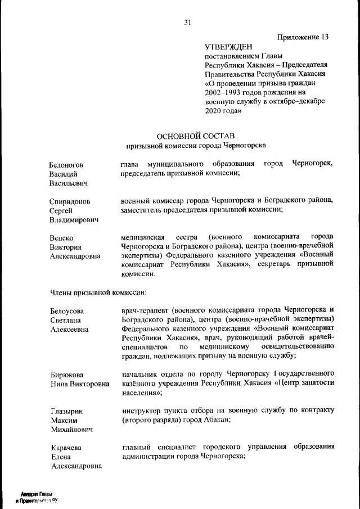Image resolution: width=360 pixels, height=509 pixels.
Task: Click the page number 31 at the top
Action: click(187, 22)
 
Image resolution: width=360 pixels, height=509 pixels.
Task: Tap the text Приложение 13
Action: click(303, 37)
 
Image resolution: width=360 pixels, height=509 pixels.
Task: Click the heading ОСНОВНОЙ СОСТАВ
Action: click(195, 136)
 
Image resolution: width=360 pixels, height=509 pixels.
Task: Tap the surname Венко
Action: click(61, 237)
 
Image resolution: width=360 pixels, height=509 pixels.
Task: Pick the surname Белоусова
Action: click(67, 311)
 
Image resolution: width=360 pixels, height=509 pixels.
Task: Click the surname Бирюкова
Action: click(67, 375)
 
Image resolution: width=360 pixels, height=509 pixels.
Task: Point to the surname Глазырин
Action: click(66, 411)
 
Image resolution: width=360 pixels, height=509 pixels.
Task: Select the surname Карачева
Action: click(66, 447)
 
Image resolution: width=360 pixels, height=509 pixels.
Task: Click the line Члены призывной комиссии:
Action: click(98, 292)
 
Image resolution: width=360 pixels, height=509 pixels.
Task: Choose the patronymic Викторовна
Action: click(90, 384)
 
